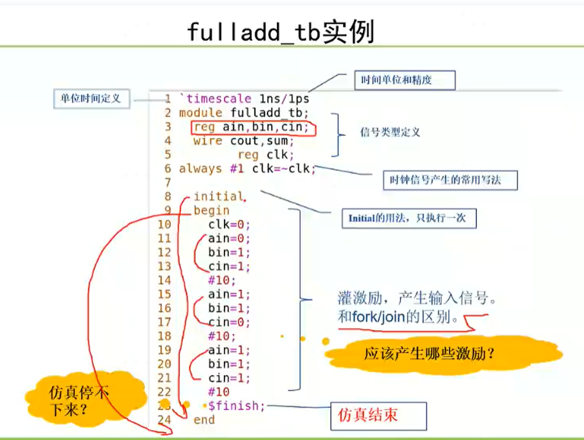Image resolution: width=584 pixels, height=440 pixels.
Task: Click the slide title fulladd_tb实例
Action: click(280, 32)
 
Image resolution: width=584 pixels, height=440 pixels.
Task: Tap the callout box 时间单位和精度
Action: click(405, 80)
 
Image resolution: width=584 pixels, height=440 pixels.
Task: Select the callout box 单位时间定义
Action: click(91, 99)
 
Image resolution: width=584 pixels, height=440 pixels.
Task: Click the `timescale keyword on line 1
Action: click(215, 99)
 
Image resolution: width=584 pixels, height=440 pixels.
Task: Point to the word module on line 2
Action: click(200, 113)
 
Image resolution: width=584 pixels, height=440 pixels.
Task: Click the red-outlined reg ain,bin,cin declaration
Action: click(253, 127)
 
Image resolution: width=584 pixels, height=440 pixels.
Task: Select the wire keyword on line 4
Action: click(208, 141)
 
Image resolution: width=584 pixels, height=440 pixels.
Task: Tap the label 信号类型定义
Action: click(390, 132)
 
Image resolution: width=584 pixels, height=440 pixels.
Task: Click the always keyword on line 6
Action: click(200, 169)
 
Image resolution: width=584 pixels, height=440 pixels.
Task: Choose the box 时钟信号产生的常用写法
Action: click(451, 180)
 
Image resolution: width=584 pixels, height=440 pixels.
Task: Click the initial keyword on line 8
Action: click(218, 196)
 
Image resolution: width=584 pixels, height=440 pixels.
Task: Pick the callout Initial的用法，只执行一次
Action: click(409, 218)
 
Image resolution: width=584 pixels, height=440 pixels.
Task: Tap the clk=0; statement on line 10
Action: click(229, 225)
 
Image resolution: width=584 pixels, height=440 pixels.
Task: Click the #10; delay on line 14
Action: click(222, 280)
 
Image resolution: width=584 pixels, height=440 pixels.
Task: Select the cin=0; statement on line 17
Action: click(229, 322)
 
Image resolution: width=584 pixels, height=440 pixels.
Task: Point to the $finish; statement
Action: click(236, 405)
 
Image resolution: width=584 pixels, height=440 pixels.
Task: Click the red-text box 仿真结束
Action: click(379, 416)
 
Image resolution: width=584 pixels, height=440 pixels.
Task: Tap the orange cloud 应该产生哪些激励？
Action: click(443, 354)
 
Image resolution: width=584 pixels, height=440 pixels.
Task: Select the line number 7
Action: click(168, 183)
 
